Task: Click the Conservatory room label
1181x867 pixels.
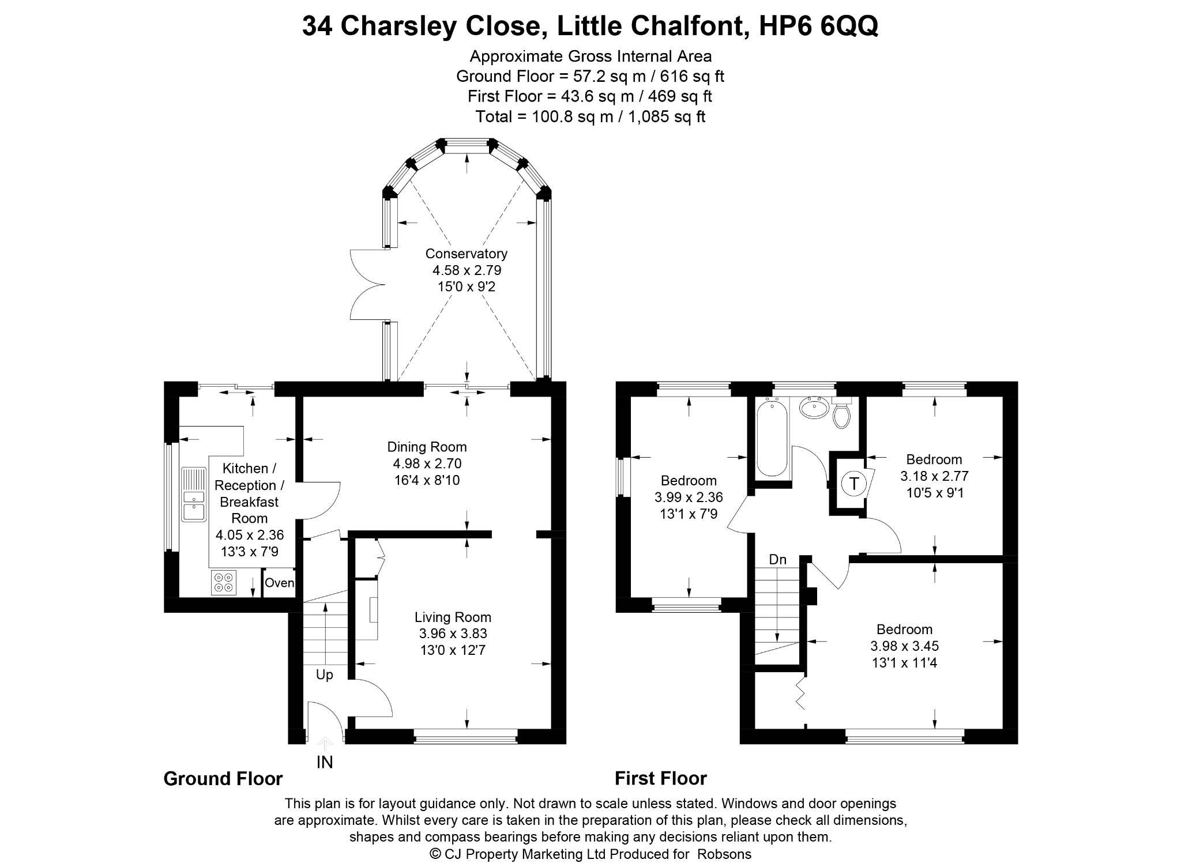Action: click(466, 254)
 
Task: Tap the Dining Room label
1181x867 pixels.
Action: click(427, 447)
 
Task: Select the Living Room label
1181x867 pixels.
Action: click(453, 617)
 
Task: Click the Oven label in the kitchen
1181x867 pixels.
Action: click(280, 583)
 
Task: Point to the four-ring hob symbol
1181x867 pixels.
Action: click(224, 582)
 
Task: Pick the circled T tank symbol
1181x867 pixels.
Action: click(853, 483)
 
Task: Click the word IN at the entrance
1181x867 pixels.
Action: click(325, 762)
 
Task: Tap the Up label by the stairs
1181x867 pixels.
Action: click(325, 674)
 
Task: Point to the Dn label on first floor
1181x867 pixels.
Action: click(778, 559)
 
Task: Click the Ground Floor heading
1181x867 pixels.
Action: click(223, 779)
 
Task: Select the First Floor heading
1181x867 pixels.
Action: click(661, 779)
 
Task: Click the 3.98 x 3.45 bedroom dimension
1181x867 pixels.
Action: click(904, 646)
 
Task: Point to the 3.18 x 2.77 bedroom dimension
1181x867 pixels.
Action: click(934, 476)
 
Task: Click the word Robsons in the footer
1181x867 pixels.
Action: click(724, 854)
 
